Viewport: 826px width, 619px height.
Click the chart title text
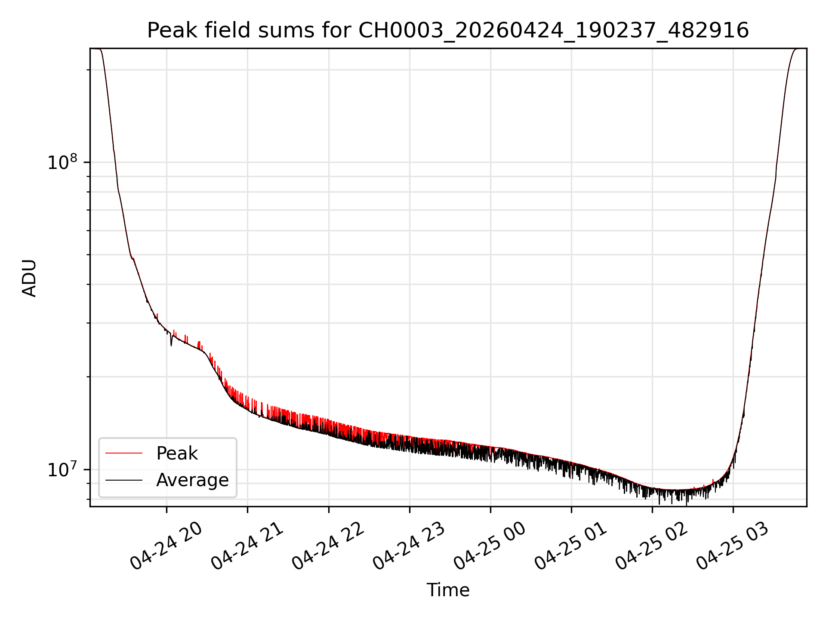point(448,31)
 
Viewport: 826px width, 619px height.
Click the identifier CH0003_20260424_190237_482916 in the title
point(554,31)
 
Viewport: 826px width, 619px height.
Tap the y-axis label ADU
point(29,278)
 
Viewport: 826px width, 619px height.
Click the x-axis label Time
point(448,590)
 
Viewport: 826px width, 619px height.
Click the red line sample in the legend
point(124,453)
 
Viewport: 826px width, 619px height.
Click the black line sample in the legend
point(124,480)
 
